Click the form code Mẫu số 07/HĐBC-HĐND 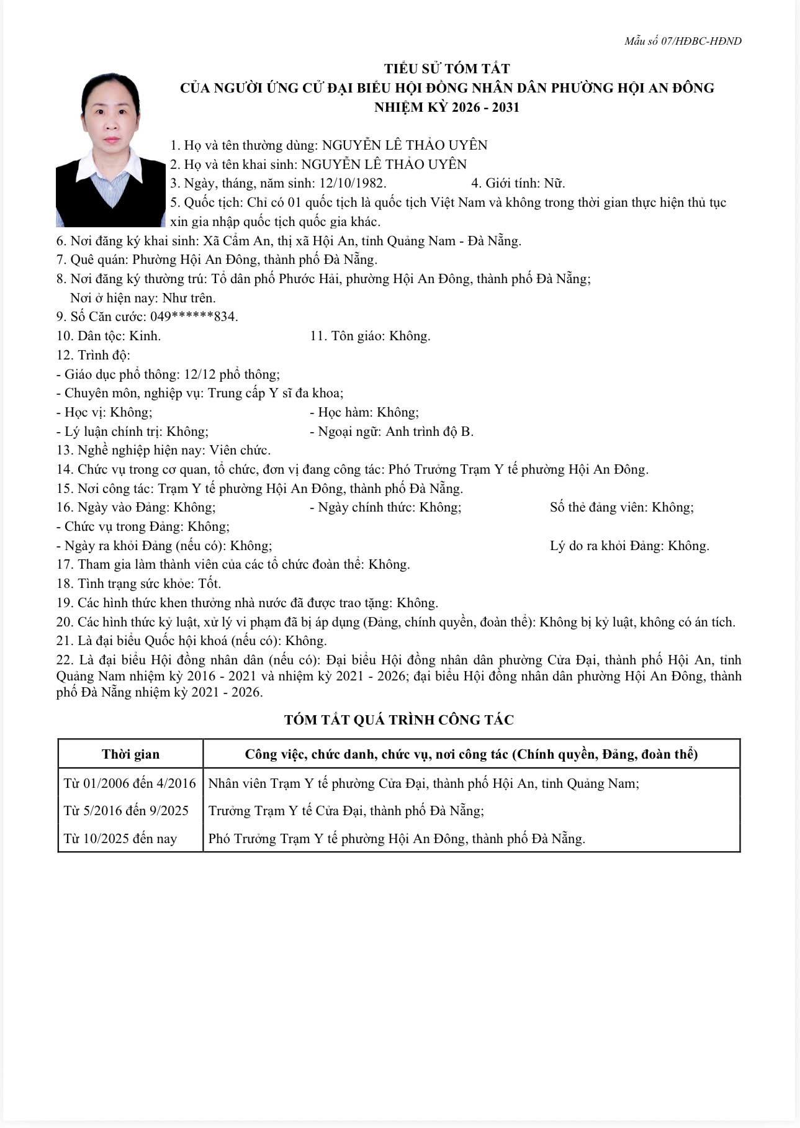(683, 41)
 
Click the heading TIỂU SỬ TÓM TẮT (447, 68)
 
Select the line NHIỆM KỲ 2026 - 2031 (447, 107)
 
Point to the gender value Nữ (554, 183)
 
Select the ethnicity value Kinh (145, 336)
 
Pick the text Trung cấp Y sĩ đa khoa (275, 393)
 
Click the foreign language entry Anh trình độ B (429, 431)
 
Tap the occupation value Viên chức (240, 450)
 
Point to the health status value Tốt (210, 584)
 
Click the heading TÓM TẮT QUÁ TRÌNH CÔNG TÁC (399, 720)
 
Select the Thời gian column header (130, 754)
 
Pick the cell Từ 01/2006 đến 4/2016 (130, 783)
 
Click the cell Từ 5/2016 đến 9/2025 (126, 811)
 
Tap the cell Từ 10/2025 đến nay (120, 839)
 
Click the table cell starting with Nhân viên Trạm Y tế (423, 783)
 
